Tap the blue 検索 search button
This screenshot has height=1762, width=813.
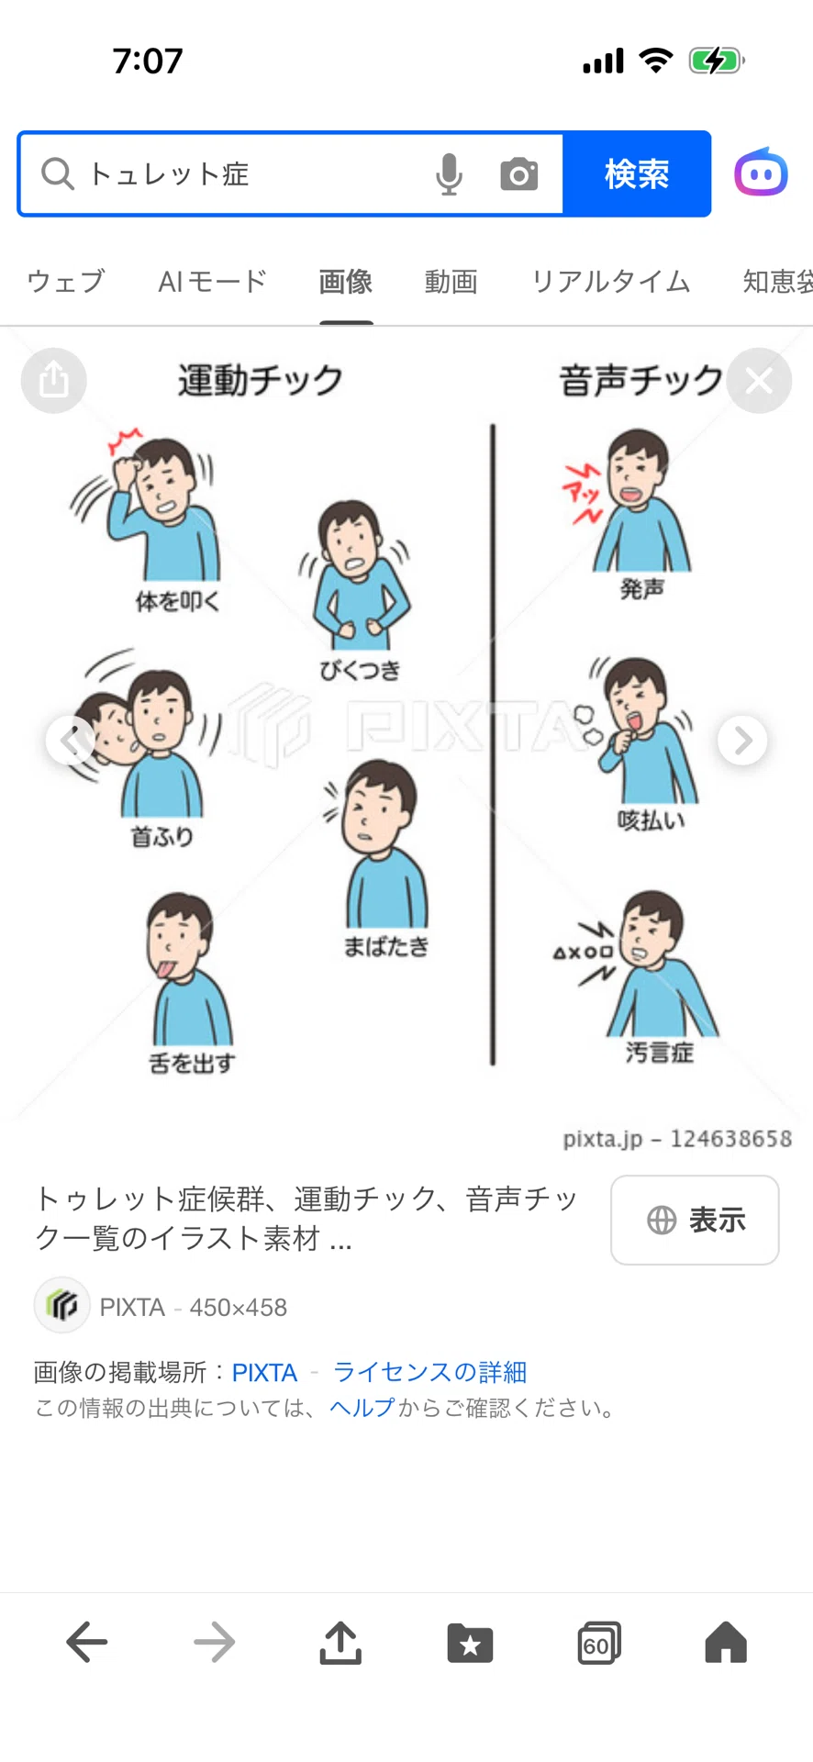click(637, 173)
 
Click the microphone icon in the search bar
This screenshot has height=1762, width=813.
click(449, 174)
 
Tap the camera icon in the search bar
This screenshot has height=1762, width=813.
click(518, 174)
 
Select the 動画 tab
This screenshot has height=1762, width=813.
click(451, 281)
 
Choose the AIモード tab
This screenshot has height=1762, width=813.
click(212, 281)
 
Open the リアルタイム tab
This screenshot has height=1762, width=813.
click(610, 281)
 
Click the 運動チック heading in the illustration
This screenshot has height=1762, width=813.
click(261, 380)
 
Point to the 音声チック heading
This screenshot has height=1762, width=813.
click(640, 380)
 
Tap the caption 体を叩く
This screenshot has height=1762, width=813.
click(177, 601)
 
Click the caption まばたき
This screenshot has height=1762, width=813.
click(386, 946)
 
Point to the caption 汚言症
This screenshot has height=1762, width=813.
click(659, 1052)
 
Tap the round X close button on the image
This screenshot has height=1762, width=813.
click(759, 380)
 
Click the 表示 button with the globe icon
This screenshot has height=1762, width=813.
click(695, 1220)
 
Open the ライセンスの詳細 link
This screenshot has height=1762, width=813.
click(429, 1372)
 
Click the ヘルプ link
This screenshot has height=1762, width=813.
click(362, 1408)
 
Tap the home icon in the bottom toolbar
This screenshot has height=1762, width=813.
click(726, 1642)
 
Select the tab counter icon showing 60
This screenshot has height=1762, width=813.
click(598, 1643)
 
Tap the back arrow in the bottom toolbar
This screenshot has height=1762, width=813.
click(87, 1642)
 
